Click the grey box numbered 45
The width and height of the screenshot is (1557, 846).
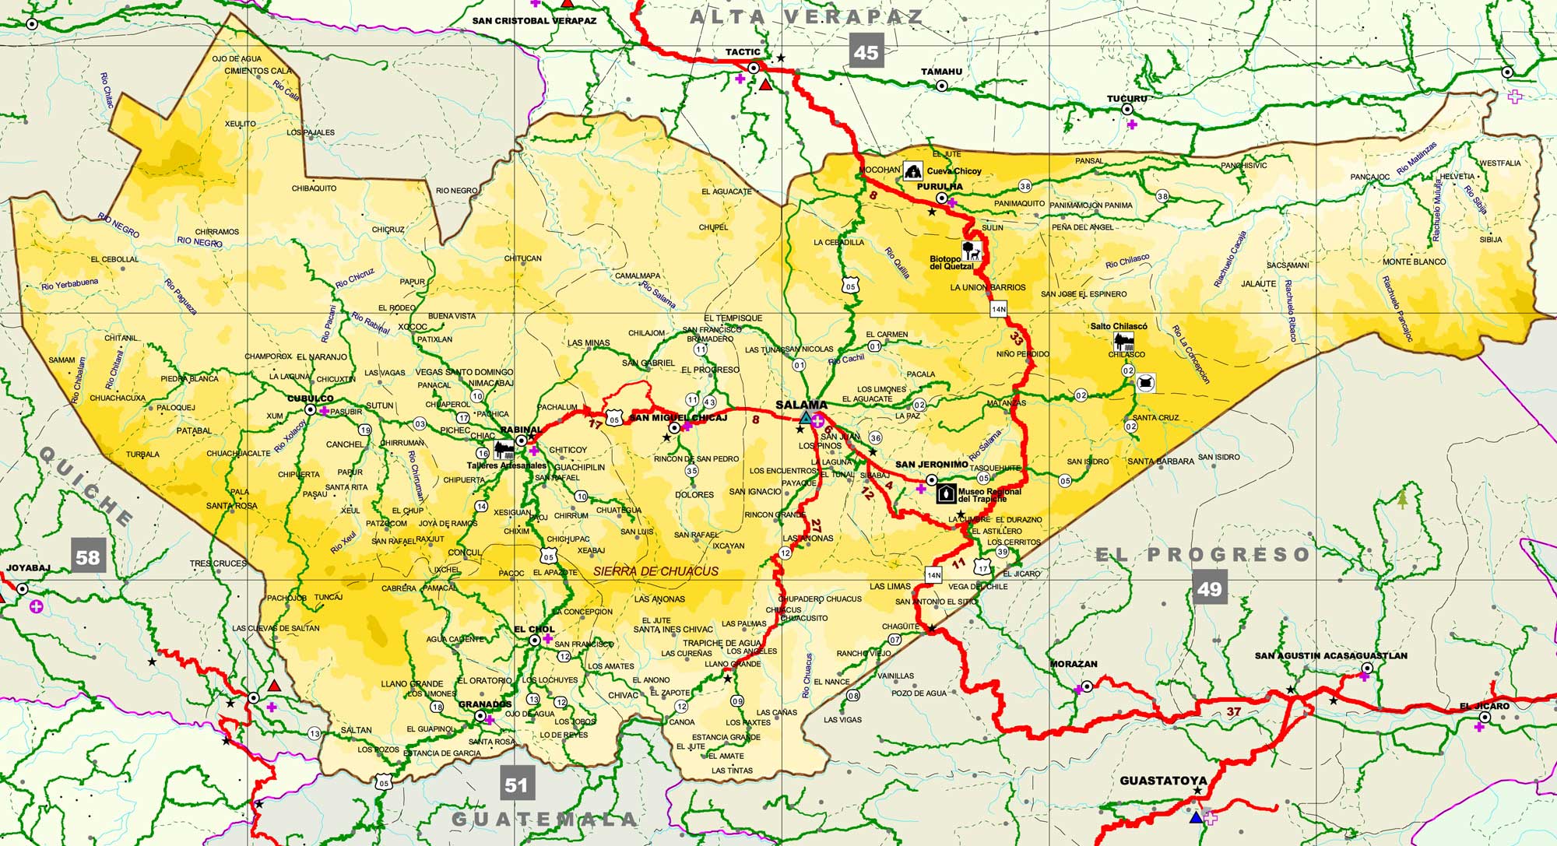point(866,52)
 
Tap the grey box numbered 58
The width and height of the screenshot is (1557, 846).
point(87,556)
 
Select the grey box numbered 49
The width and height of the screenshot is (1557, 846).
point(1209,588)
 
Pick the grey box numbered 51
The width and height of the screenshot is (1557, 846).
point(516,785)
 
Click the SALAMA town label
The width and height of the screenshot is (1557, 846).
point(801,405)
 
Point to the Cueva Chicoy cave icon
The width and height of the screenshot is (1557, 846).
point(913,171)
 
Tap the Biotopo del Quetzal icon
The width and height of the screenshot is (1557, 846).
point(971,251)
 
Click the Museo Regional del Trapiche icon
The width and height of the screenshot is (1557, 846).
point(946,493)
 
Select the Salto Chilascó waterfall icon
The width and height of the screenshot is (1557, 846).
point(1123,341)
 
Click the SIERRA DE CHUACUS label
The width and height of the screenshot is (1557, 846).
point(655,571)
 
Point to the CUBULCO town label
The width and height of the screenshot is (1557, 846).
point(310,398)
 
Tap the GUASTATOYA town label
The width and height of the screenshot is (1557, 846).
point(1163,780)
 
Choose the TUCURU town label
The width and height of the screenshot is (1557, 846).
point(1127,99)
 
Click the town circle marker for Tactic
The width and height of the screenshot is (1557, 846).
point(754,68)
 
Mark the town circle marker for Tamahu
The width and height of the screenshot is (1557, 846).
point(941,86)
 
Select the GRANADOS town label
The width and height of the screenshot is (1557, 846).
point(485,704)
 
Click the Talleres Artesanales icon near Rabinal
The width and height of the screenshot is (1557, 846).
point(504,451)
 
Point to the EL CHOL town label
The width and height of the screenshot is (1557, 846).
point(534,629)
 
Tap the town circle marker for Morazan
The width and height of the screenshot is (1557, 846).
point(1087,686)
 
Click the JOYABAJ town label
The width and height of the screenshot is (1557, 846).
point(28,568)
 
